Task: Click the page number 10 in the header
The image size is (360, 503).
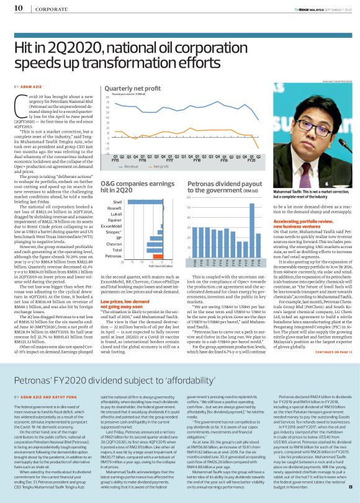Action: point(19,8)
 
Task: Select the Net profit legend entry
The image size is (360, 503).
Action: point(160,167)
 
